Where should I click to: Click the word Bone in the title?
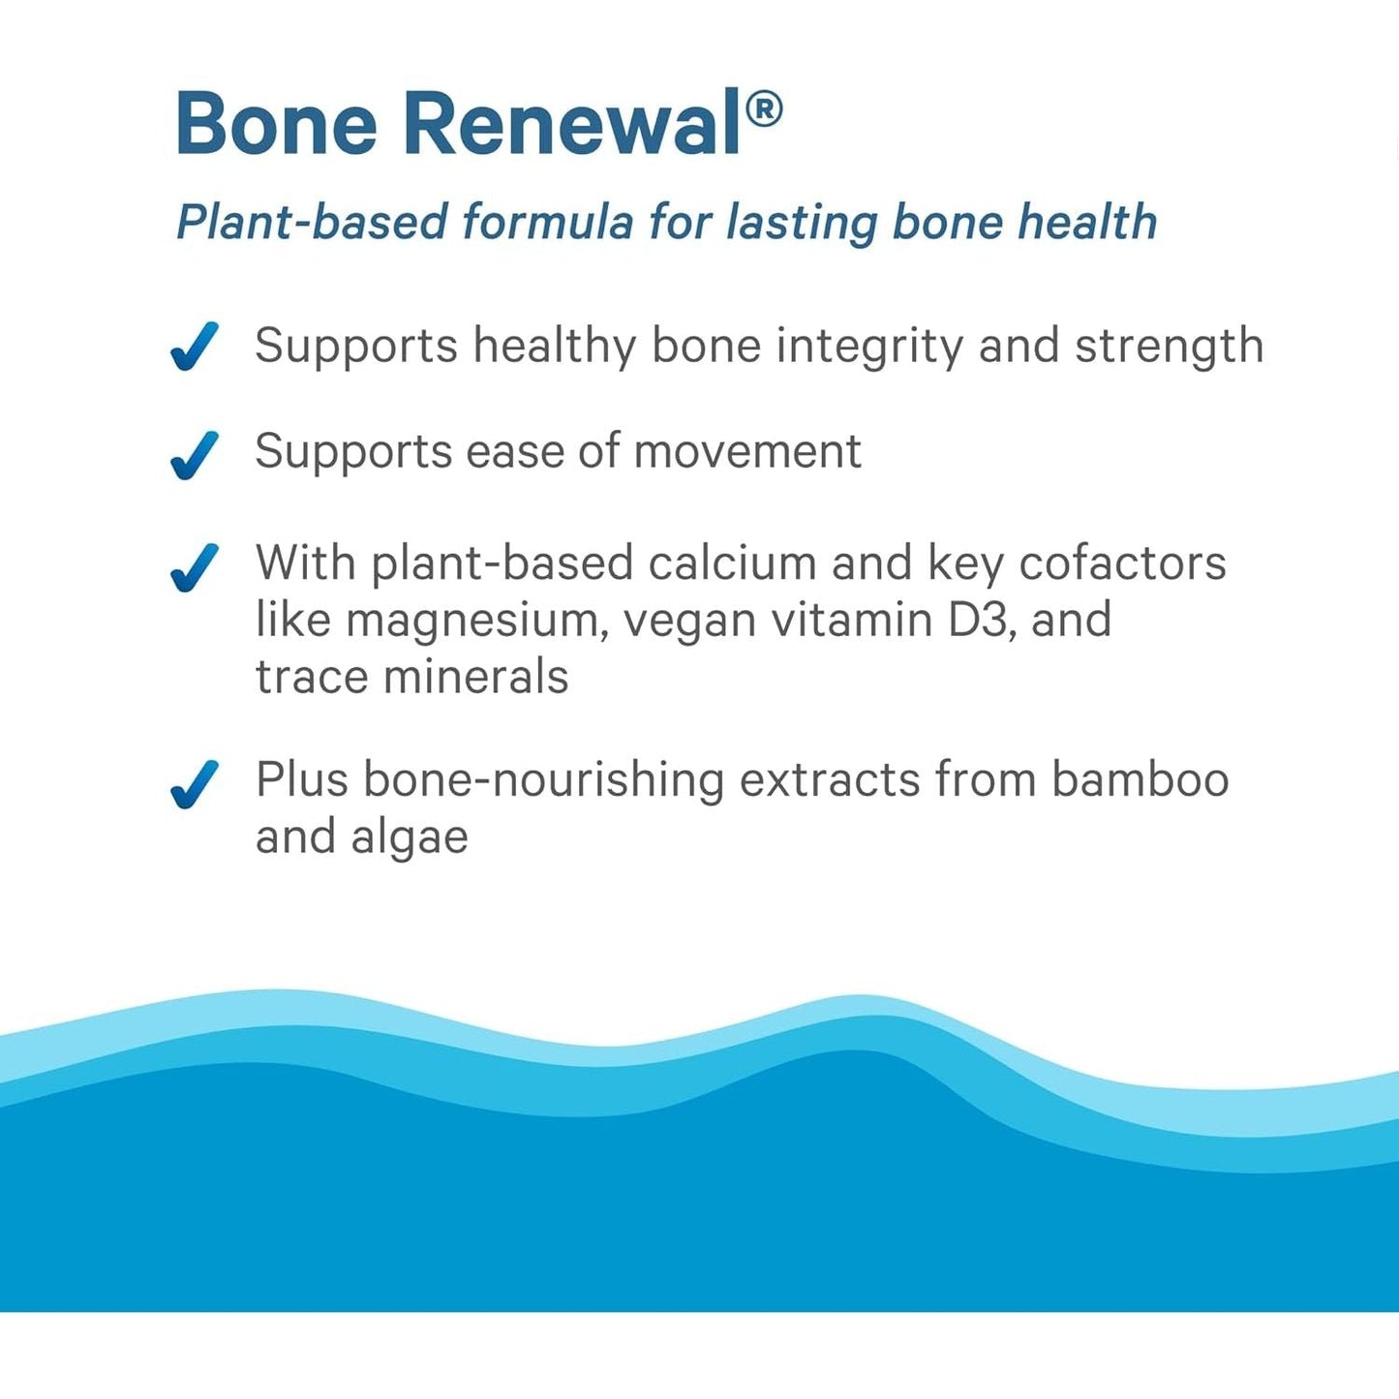pyautogui.click(x=276, y=124)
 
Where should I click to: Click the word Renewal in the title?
pyautogui.click(x=571, y=124)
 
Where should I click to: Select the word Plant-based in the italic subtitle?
pyautogui.click(x=311, y=223)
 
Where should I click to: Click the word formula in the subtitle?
pyautogui.click(x=547, y=223)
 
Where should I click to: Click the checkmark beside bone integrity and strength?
pyautogui.click(x=195, y=347)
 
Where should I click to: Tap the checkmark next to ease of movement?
pyautogui.click(x=195, y=455)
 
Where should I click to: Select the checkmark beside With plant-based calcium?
pyautogui.click(x=195, y=566)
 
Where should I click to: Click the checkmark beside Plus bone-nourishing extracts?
pyautogui.click(x=195, y=783)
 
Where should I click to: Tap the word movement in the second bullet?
pyautogui.click(x=747, y=451)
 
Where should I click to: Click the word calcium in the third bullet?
pyautogui.click(x=732, y=563)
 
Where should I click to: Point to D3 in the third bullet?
pyautogui.click(x=982, y=620)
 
